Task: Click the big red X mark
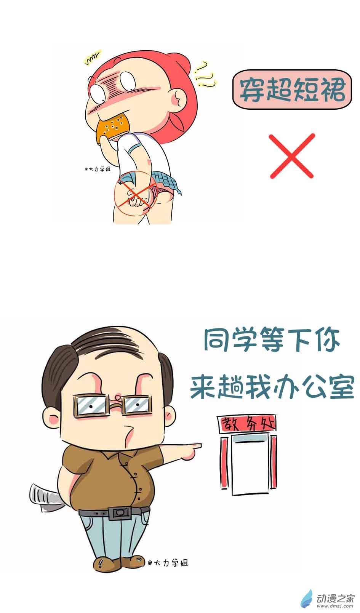click(292, 156)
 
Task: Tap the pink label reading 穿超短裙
click(292, 90)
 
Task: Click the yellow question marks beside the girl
click(204, 74)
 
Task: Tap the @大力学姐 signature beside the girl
click(98, 169)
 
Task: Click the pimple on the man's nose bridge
click(118, 396)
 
